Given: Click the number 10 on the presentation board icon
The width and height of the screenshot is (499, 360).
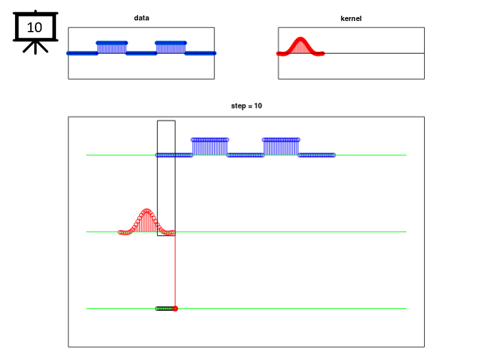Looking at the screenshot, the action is point(34,28).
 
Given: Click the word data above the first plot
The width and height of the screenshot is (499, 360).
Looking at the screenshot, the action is point(141,18).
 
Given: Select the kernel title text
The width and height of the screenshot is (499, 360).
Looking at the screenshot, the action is point(351,18).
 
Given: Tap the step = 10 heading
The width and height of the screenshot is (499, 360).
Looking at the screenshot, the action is point(247,106).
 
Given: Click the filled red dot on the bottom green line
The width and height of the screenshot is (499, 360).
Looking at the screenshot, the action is point(175,309).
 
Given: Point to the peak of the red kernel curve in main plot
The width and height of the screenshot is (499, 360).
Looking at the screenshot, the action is point(147,210).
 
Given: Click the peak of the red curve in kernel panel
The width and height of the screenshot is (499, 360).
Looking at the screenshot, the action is point(300,39).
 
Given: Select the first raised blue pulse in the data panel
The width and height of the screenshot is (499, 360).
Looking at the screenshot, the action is point(112,48).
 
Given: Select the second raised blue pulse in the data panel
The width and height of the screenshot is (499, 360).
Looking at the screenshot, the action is point(171,48).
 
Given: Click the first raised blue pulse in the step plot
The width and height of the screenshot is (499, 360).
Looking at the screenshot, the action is point(210,146).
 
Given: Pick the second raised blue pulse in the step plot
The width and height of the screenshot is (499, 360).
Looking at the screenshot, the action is point(281,146).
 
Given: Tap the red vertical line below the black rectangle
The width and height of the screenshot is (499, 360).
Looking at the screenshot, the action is point(175,271).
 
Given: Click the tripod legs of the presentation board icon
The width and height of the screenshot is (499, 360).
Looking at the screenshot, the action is point(36,47).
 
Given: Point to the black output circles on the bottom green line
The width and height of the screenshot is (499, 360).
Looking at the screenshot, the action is point(165,309).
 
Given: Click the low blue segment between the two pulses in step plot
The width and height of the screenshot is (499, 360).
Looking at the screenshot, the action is point(245,155).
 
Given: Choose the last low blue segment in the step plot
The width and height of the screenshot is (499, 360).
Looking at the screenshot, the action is point(317,155).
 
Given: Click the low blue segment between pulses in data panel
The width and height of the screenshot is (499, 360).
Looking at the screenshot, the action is point(141,53).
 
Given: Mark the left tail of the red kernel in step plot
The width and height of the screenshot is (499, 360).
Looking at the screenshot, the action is point(124,233).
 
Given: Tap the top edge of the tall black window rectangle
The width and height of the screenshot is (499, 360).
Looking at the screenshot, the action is point(166,120).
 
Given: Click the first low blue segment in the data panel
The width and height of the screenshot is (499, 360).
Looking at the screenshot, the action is point(82,53).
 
